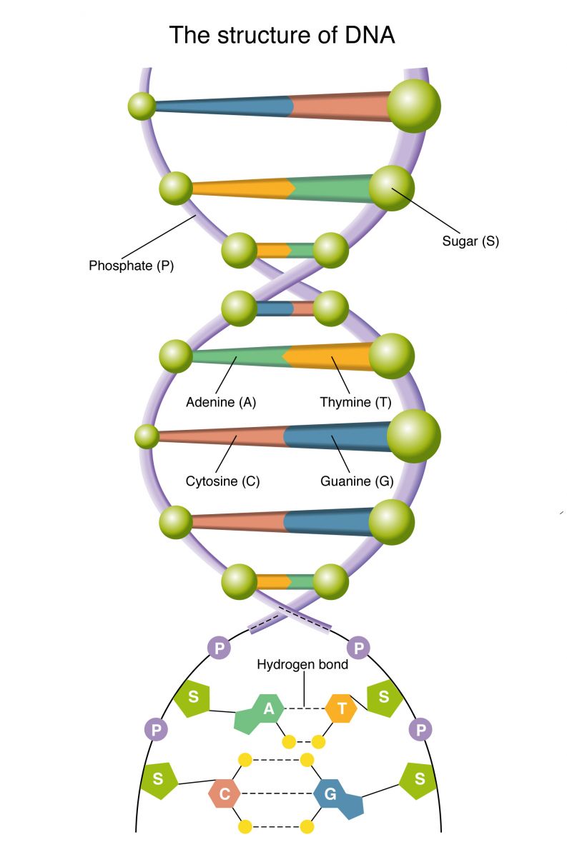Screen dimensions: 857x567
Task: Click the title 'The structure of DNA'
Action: coord(282,34)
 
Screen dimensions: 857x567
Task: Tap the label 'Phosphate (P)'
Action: coord(131,266)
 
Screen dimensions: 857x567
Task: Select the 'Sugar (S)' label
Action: coord(470,241)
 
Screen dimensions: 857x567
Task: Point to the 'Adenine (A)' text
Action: coord(221,402)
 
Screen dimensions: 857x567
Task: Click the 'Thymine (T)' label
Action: coord(355,402)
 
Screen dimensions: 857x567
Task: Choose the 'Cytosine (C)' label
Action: coord(222,481)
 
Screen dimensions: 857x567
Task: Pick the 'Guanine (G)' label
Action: coord(357,481)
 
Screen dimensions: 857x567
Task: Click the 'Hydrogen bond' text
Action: coord(302,665)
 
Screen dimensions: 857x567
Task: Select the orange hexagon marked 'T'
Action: coord(341,709)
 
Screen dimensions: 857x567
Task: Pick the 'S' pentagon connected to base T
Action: coord(384,697)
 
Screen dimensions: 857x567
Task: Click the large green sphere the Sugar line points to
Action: coord(391,188)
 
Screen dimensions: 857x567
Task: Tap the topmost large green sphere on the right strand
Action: coord(413,106)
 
